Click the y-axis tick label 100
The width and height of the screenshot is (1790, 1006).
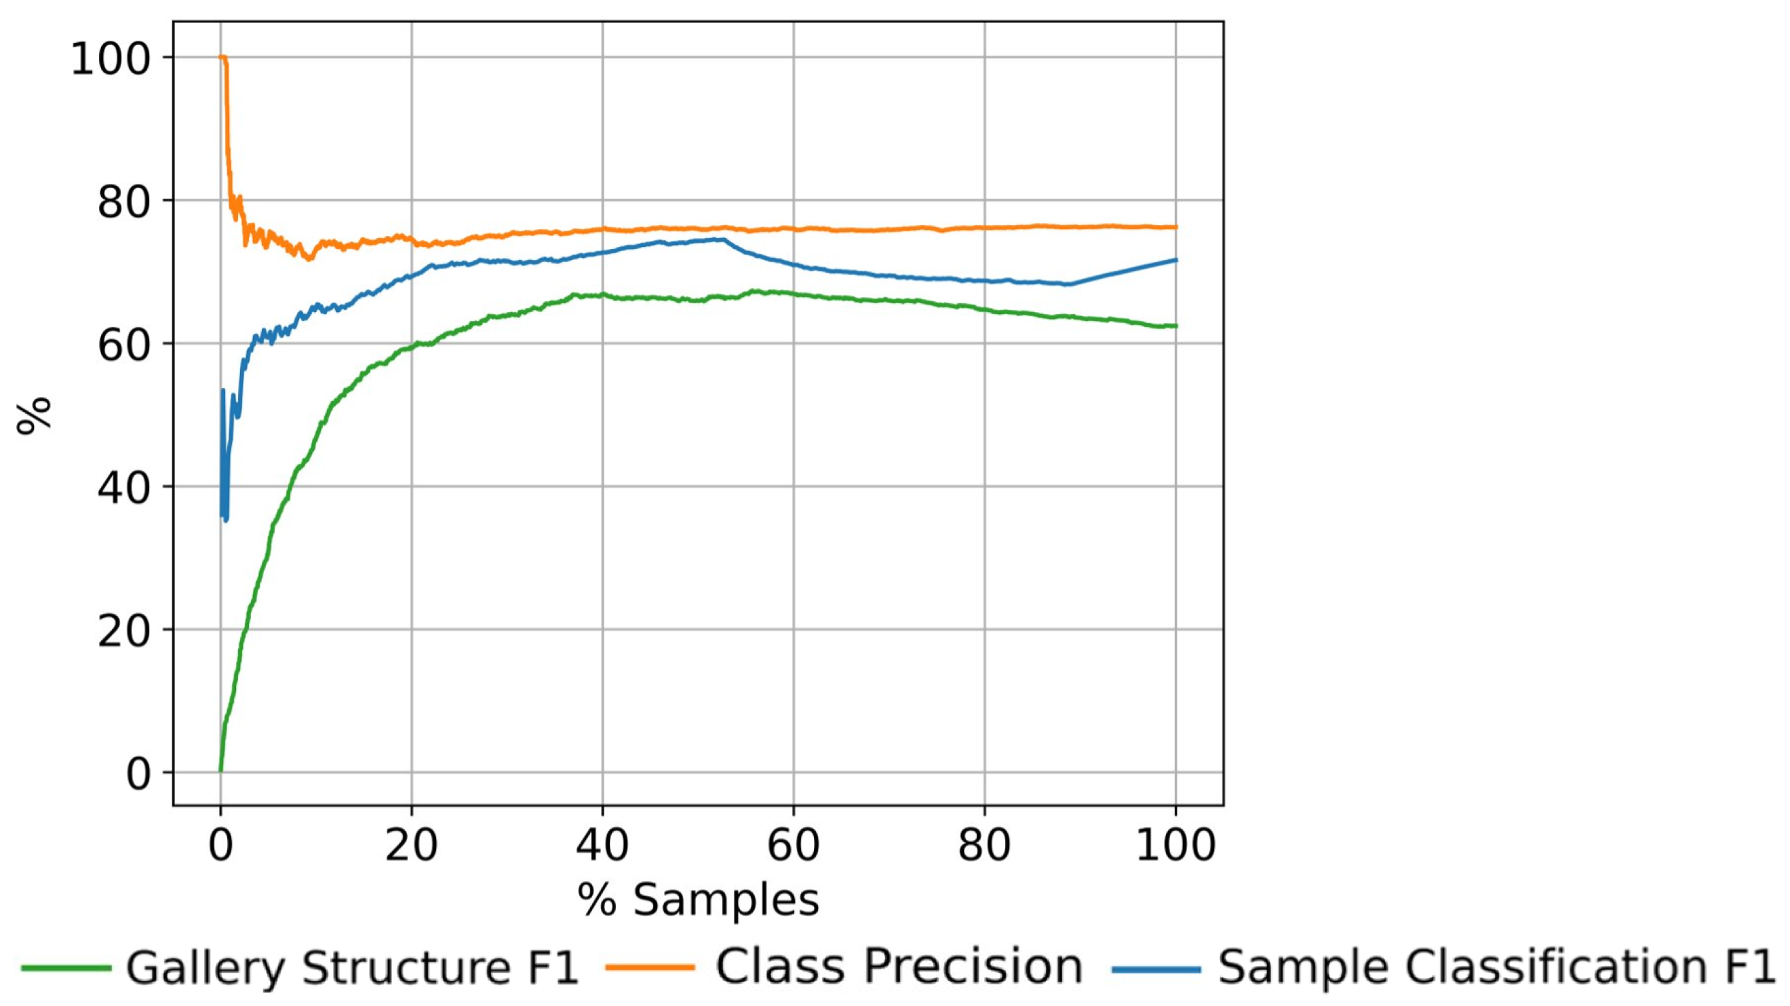[x=111, y=58]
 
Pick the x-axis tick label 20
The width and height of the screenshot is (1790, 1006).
[x=411, y=845]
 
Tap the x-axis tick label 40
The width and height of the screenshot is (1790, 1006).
[x=602, y=845]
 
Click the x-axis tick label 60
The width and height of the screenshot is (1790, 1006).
[x=794, y=845]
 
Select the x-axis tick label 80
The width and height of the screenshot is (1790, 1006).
[x=985, y=845]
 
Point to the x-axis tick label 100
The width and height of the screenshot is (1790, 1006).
[x=1175, y=845]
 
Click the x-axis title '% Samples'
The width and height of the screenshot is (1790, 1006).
[x=699, y=900]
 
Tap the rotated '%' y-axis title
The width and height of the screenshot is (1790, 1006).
[x=33, y=414]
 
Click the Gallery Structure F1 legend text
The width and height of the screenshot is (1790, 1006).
[x=352, y=967]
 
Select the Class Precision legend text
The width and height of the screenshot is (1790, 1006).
[x=899, y=967]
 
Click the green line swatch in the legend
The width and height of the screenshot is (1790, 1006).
[x=66, y=968]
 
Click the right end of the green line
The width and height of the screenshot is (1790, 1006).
[x=1176, y=326]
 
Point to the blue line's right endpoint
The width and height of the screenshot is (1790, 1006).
[x=1176, y=260]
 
